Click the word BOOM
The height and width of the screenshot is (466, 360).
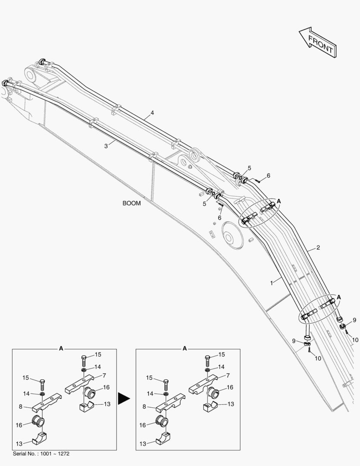coord(131,203)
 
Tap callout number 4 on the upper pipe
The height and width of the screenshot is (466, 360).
coord(152,113)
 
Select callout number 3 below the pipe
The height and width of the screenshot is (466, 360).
coord(106,146)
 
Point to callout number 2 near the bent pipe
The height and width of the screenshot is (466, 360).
coord(318,248)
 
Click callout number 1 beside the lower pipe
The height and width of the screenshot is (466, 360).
coord(272,283)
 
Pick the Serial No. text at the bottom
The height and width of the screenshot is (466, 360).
coord(41,454)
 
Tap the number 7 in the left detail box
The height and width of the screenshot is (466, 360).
coord(104,376)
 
